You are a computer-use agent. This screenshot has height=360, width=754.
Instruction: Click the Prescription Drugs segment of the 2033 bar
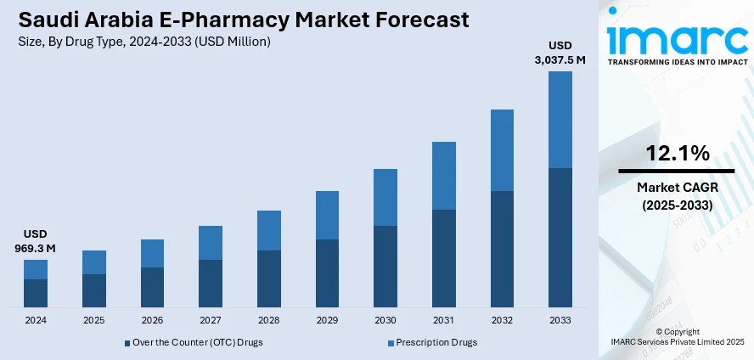560,120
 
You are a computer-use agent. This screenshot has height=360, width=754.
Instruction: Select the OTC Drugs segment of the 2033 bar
560,237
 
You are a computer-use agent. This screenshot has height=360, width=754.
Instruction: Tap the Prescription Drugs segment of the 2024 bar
36,269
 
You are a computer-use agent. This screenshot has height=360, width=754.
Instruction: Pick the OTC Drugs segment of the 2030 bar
385,266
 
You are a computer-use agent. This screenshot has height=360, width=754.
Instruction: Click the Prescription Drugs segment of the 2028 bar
268,230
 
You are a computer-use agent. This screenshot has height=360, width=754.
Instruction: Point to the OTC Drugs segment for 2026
152,286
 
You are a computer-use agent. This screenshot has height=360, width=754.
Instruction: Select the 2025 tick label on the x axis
94,320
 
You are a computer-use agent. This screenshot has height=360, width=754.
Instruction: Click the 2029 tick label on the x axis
327,320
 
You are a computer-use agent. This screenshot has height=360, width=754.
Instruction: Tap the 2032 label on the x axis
502,320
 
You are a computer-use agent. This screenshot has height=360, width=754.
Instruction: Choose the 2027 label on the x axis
211,320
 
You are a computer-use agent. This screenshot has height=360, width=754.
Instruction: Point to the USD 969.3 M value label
35,241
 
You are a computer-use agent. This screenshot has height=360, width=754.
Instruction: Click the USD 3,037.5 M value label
560,52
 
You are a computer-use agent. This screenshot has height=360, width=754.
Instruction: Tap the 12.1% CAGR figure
677,153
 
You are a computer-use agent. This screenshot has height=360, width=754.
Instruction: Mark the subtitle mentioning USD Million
143,42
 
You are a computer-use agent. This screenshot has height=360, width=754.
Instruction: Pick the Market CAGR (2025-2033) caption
677,196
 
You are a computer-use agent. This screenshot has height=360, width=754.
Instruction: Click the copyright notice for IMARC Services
678,335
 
